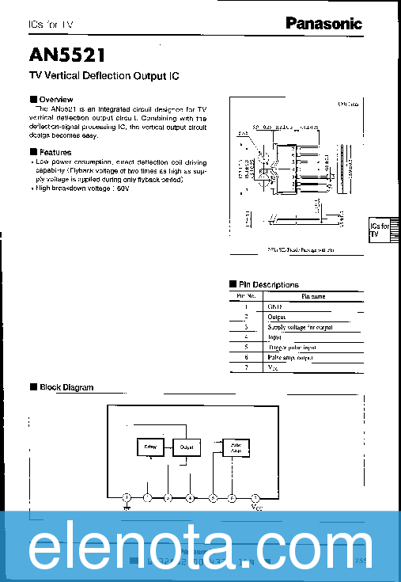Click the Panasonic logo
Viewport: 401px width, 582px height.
point(323,24)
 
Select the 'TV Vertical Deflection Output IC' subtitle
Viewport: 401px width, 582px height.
point(104,77)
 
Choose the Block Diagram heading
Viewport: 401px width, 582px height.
point(66,387)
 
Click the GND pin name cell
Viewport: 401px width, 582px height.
point(275,306)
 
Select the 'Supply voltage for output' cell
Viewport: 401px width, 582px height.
point(300,326)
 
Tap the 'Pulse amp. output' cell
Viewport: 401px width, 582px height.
point(290,357)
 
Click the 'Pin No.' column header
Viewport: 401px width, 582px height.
point(246,296)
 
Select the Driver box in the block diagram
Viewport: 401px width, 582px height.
point(150,447)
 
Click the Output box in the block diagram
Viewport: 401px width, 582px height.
point(187,447)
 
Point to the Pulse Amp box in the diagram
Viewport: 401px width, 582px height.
point(236,448)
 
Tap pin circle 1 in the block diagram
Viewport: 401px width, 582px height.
point(127,497)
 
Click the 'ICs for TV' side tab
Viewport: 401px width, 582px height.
point(380,230)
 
